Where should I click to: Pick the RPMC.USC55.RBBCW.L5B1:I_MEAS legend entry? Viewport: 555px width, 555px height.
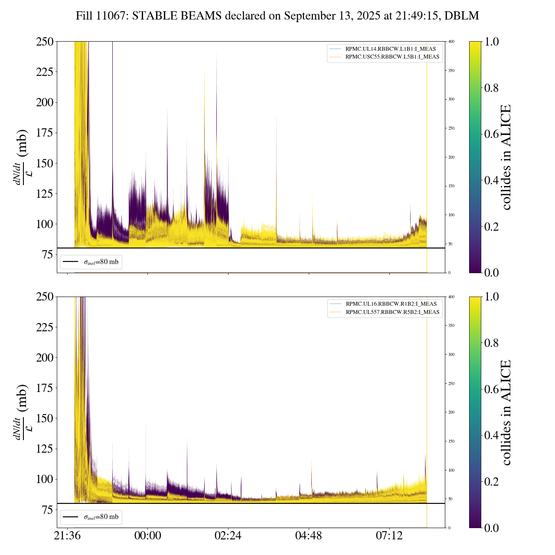pyautogui.click(x=392, y=57)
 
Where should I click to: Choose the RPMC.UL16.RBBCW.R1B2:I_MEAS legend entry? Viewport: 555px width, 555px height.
pyautogui.click(x=391, y=304)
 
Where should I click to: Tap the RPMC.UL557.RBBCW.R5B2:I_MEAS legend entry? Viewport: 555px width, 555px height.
pyautogui.click(x=392, y=312)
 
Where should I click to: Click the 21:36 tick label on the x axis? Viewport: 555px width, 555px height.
pyautogui.click(x=67, y=536)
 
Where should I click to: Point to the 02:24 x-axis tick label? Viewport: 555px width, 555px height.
pyautogui.click(x=228, y=536)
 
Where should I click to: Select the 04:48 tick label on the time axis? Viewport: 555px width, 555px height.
pyautogui.click(x=309, y=536)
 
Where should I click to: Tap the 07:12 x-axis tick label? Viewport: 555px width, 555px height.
pyautogui.click(x=389, y=536)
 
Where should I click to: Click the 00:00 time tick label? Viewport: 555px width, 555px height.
pyautogui.click(x=148, y=536)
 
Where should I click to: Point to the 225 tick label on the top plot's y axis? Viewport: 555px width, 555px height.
pyautogui.click(x=44, y=72)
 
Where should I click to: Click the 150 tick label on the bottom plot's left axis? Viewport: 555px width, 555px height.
pyautogui.click(x=44, y=418)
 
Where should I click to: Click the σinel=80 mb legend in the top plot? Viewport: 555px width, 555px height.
pyautogui.click(x=91, y=262)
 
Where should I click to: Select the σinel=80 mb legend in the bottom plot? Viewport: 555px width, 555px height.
pyautogui.click(x=91, y=517)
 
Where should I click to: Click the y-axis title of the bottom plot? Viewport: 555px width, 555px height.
pyautogui.click(x=22, y=412)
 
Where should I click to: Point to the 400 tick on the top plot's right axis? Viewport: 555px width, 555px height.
pyautogui.click(x=451, y=42)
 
